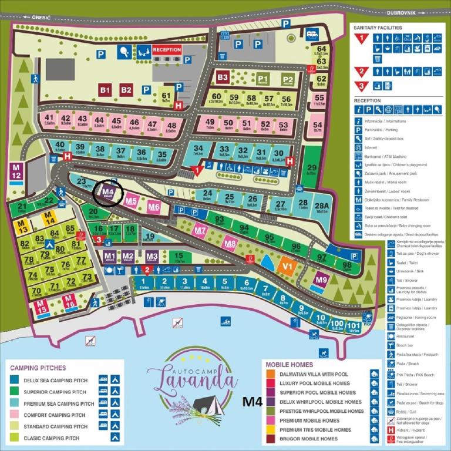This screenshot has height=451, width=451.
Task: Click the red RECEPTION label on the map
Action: point(167,50)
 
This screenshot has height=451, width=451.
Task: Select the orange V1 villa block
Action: point(287,265)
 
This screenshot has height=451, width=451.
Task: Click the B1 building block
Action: point(105,90)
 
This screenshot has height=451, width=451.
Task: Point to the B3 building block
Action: point(222,77)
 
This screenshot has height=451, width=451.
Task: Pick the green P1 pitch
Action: point(262,80)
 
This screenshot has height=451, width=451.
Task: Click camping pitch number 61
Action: point(166,97)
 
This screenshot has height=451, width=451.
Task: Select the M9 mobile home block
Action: point(321,280)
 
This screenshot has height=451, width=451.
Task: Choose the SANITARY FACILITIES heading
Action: point(378,28)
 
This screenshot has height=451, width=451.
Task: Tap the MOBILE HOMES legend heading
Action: point(290,364)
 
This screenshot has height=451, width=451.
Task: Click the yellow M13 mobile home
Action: point(22,227)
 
